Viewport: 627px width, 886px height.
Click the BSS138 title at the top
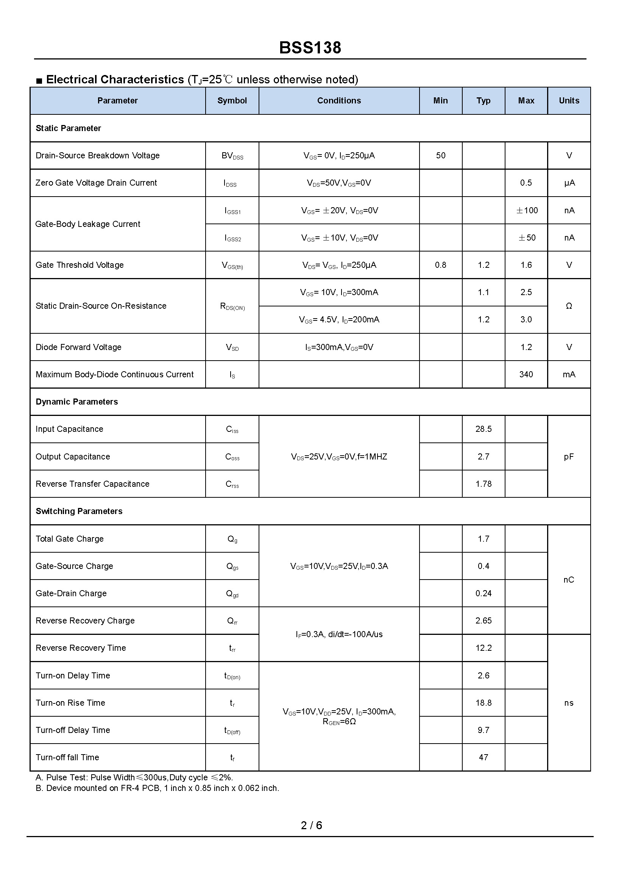coord(310,48)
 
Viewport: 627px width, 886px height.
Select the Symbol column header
coord(232,101)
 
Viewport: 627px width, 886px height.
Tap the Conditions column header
coord(339,101)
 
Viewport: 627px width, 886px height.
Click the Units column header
coord(569,101)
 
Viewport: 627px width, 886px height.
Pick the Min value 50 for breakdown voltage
coord(440,156)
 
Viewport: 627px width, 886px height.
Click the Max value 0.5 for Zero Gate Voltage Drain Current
coord(526,183)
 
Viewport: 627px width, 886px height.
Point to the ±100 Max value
coord(527,211)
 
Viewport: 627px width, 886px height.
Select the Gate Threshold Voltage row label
coord(80,265)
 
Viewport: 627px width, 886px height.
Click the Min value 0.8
coord(440,265)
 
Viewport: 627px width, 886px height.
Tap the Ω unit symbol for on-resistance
coord(569,306)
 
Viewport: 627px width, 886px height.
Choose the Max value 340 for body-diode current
coord(526,375)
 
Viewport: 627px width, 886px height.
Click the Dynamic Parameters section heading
coord(77,402)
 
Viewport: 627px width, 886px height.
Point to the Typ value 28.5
coord(484,429)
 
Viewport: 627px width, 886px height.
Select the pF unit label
coord(569,457)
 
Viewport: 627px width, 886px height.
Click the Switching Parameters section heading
coord(79,511)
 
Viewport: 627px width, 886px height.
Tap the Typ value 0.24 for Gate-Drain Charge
coord(484,594)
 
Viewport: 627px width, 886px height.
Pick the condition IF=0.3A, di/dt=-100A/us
coord(339,634)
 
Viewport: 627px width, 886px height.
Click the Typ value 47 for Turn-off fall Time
coord(484,758)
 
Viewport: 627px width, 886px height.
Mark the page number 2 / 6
coord(312,826)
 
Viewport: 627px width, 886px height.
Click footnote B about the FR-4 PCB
coord(157,788)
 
